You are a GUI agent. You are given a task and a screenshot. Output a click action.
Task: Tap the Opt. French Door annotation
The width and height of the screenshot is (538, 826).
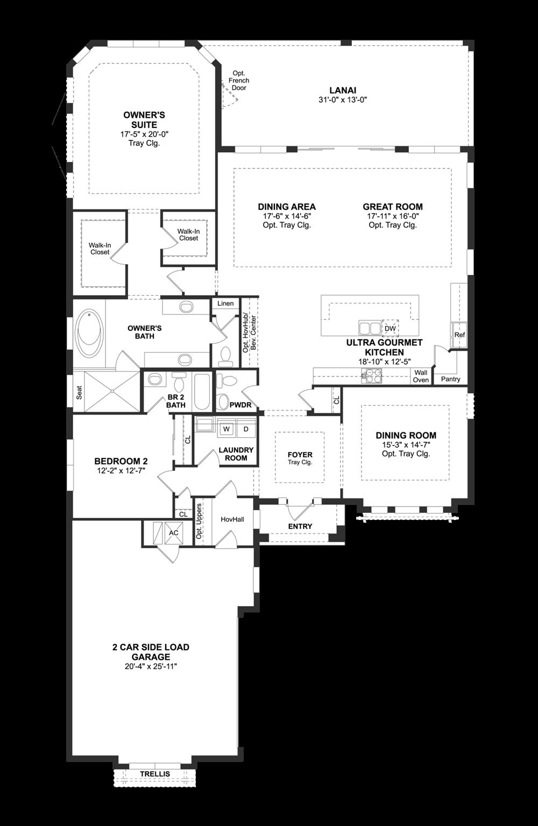pyautogui.click(x=239, y=80)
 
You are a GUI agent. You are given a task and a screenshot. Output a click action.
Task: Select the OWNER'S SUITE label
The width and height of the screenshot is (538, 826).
pyautogui.click(x=144, y=119)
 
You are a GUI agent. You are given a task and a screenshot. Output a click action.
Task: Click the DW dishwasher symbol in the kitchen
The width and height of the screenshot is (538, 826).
pyautogui.click(x=390, y=328)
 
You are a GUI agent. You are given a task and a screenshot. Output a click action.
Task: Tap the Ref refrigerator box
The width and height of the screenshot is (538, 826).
pyautogui.click(x=459, y=334)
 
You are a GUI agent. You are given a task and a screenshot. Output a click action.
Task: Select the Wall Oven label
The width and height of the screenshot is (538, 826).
pyautogui.click(x=421, y=376)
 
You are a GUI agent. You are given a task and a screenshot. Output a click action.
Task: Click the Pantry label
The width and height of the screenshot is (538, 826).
pyautogui.click(x=450, y=379)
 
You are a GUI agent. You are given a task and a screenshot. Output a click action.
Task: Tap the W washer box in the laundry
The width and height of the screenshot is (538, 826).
pyautogui.click(x=226, y=429)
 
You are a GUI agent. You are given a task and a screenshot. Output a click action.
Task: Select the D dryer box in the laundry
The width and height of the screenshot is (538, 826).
pyautogui.click(x=246, y=429)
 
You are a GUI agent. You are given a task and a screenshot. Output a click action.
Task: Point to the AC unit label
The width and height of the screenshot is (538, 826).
pyautogui.click(x=173, y=532)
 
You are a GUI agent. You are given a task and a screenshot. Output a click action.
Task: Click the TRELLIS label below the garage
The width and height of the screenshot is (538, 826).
pyautogui.click(x=155, y=774)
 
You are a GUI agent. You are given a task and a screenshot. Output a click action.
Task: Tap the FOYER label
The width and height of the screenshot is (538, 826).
pyautogui.click(x=300, y=455)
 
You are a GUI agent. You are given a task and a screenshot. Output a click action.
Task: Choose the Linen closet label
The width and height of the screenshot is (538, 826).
pyautogui.click(x=225, y=303)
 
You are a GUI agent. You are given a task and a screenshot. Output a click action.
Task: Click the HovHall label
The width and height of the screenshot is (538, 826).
pyautogui.click(x=232, y=519)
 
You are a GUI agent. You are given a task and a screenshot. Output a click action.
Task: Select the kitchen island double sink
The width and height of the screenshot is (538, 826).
pyautogui.click(x=369, y=328)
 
